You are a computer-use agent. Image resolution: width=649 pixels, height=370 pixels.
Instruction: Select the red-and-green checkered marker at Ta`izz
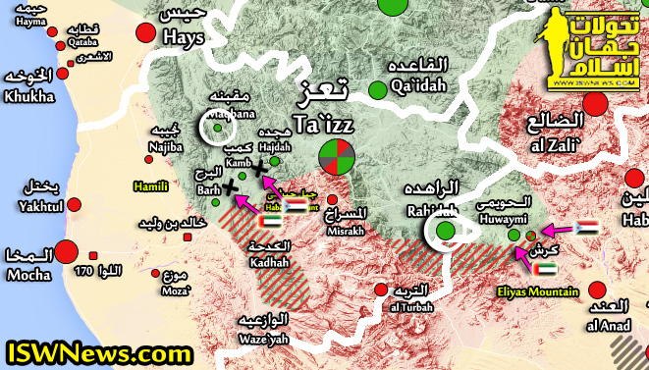(337, 158)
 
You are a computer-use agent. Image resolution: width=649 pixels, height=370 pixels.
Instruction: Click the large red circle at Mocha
(67, 252)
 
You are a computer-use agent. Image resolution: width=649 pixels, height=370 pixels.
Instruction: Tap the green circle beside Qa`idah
(378, 90)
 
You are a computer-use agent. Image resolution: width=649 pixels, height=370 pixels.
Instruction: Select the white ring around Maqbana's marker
(216, 127)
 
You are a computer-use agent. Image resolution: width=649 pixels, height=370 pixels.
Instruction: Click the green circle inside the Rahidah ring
(446, 232)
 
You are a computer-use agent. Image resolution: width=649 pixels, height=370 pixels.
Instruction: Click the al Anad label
(608, 324)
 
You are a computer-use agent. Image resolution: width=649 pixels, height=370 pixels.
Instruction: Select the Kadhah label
(270, 263)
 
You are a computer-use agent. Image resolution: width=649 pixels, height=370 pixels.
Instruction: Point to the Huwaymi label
(501, 220)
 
